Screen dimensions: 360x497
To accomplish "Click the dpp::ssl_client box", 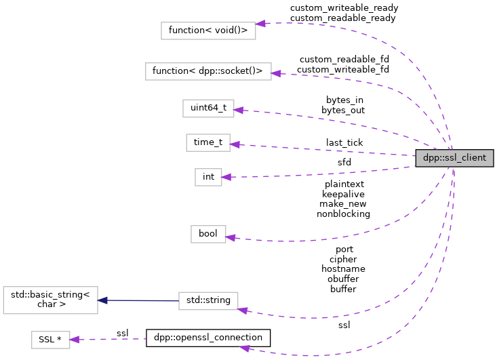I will coord(454,159).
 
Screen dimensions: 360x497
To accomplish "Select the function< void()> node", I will coord(208,31).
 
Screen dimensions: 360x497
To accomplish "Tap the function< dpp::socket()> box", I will coord(208,71).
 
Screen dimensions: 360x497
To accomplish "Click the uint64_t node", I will coord(208,108).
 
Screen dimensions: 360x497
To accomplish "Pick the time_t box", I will coord(208,142).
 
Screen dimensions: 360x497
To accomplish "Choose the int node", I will coord(208,177).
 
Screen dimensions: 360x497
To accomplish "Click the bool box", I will coord(208,234).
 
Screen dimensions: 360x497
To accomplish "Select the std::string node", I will coord(208,300).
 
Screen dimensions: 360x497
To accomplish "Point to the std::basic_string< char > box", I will coord(50,300).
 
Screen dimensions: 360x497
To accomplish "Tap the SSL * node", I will coord(50,340).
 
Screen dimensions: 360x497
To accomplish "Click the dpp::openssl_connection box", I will coord(208,337).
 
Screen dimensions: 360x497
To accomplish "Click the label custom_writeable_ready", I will coord(344,8).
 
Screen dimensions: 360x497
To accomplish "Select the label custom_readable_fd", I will coord(344,59).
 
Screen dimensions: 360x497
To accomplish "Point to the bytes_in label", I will coord(344,100).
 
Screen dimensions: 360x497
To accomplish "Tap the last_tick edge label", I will coord(344,142).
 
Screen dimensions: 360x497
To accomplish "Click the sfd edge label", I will coord(344,162).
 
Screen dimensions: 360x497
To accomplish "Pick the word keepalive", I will coord(343,194).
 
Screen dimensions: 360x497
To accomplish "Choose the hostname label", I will coord(343,268).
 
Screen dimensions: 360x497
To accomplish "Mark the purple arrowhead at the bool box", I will coord(230,237).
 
